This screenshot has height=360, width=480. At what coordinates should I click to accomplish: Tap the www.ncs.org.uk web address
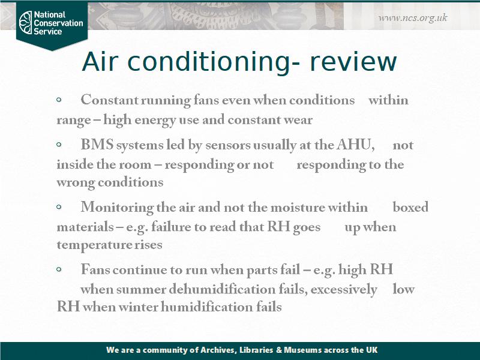[413, 17]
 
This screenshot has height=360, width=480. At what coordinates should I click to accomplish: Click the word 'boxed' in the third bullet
[410, 208]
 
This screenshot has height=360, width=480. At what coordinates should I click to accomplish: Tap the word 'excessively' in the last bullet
[344, 289]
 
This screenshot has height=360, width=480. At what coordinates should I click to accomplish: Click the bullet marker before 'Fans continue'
[59, 270]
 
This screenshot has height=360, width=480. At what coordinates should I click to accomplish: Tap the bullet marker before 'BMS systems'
[59, 145]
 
